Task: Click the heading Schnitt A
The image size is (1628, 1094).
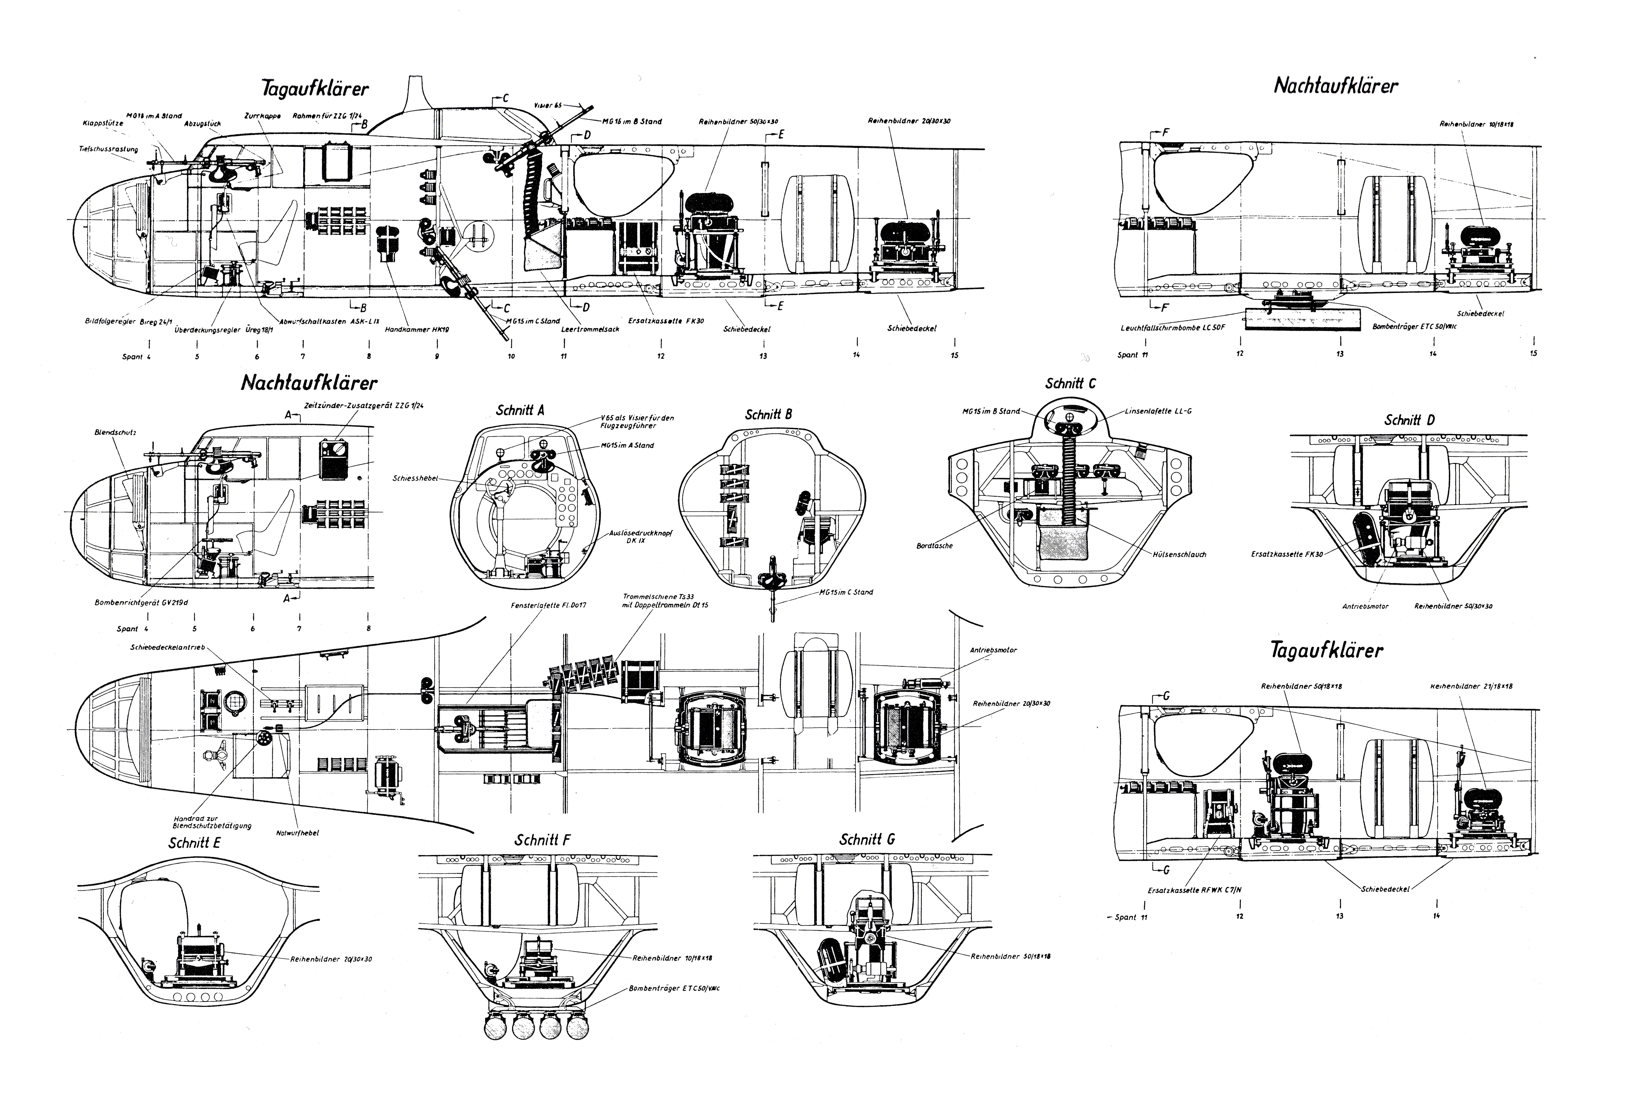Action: click(x=520, y=410)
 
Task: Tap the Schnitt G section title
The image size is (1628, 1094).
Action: click(x=867, y=839)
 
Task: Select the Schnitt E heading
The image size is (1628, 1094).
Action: click(x=195, y=843)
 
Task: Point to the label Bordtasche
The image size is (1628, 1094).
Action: click(x=934, y=546)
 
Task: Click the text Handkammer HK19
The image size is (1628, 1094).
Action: click(x=417, y=329)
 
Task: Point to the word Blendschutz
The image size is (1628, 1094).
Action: click(x=115, y=433)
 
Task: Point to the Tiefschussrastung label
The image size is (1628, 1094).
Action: click(x=108, y=149)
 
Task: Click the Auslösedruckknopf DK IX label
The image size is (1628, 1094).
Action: click(x=636, y=536)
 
